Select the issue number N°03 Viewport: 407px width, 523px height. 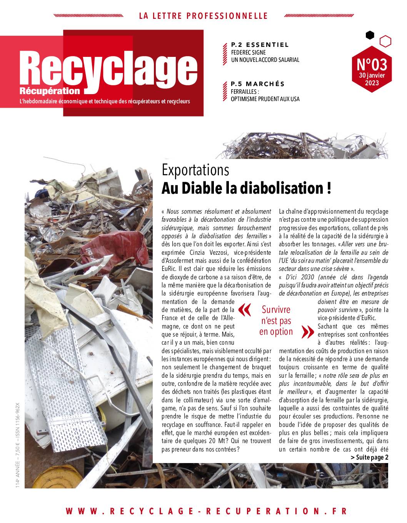coord(371,63)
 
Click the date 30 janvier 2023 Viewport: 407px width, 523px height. coord(371,79)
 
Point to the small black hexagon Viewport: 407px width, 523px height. coord(370,35)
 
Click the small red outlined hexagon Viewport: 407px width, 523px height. coord(385,41)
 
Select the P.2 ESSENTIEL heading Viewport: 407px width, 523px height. coord(260,45)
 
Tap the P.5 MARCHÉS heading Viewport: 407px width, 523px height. coord(257,84)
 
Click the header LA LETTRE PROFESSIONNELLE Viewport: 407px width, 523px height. coord(203,16)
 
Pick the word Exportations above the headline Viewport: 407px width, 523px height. coord(195,169)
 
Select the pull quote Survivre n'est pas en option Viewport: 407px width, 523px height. coord(276,320)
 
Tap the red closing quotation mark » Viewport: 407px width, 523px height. coord(307,331)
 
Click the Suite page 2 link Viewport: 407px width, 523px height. coord(369,457)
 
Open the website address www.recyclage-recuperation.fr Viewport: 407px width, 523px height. coord(206,511)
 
